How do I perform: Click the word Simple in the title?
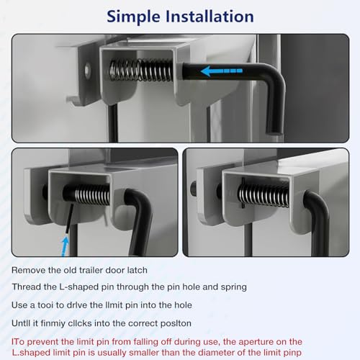pyautogui.click(x=133, y=17)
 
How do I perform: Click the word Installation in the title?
pyautogui.click(x=210, y=17)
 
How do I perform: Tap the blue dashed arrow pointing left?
pyautogui.click(x=221, y=71)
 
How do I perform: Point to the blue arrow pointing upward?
pyautogui.click(x=65, y=246)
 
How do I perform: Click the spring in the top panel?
pyautogui.click(x=141, y=71)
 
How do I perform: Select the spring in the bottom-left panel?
pyautogui.click(x=92, y=194)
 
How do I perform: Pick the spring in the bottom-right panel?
pyautogui.click(x=264, y=195)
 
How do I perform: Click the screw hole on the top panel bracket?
pyautogui.click(x=88, y=71)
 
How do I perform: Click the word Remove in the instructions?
pyautogui.click(x=28, y=270)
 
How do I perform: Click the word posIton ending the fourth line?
pyautogui.click(x=176, y=324)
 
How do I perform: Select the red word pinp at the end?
pyautogui.click(x=292, y=354)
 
